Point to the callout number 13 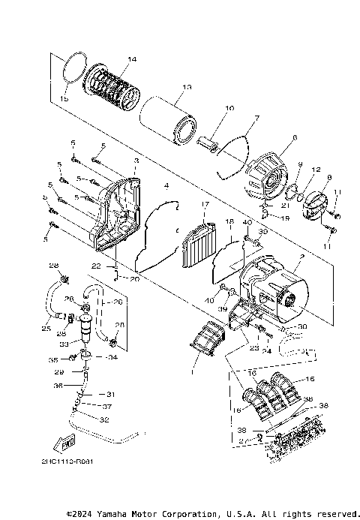click(x=187, y=86)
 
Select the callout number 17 click(x=203, y=203)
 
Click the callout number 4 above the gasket click(x=166, y=185)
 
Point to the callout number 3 click(x=136, y=161)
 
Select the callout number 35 click(x=63, y=359)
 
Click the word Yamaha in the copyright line click(x=124, y=514)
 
